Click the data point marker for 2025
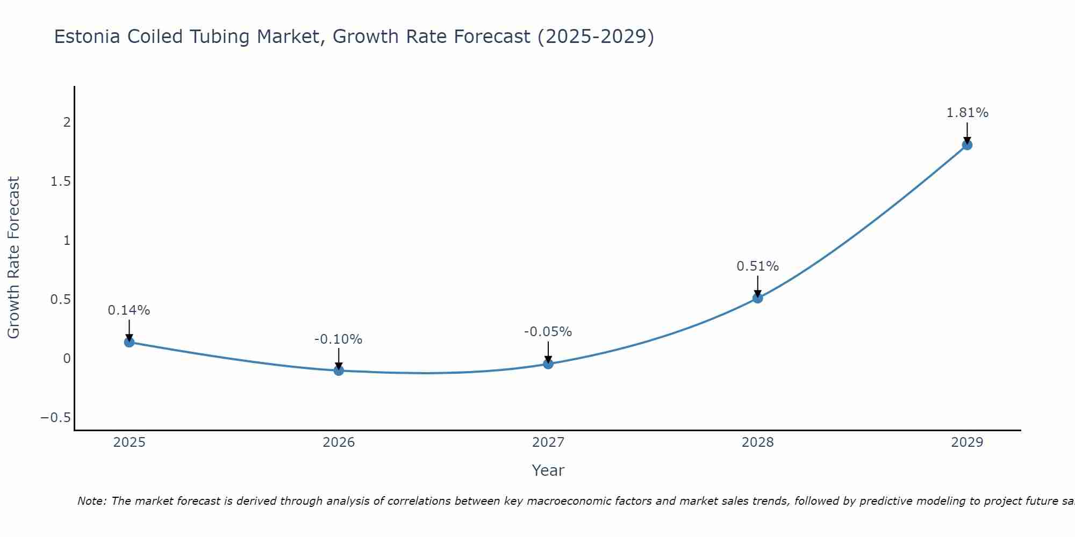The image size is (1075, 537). tap(129, 342)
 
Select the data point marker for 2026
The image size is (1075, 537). tap(339, 371)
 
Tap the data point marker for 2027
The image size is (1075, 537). tap(548, 364)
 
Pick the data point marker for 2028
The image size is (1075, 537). tap(757, 298)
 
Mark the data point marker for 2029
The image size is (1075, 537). tap(967, 145)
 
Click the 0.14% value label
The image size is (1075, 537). tap(129, 310)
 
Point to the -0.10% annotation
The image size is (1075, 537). tap(339, 339)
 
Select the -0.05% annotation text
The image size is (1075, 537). tap(548, 332)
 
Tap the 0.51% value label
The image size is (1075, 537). tap(757, 266)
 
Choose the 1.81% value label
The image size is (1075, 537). tap(967, 113)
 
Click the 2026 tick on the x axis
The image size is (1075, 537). tap(339, 442)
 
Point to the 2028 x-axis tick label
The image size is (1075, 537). tap(757, 442)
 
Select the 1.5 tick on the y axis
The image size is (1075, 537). tap(61, 182)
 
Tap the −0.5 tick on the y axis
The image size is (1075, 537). tap(56, 418)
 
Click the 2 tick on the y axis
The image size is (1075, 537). tap(67, 122)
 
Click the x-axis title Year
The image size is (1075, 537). tap(548, 471)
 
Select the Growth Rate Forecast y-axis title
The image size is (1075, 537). tap(13, 258)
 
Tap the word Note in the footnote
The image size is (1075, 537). tap(91, 502)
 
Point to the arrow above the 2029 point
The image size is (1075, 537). tap(967, 132)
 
